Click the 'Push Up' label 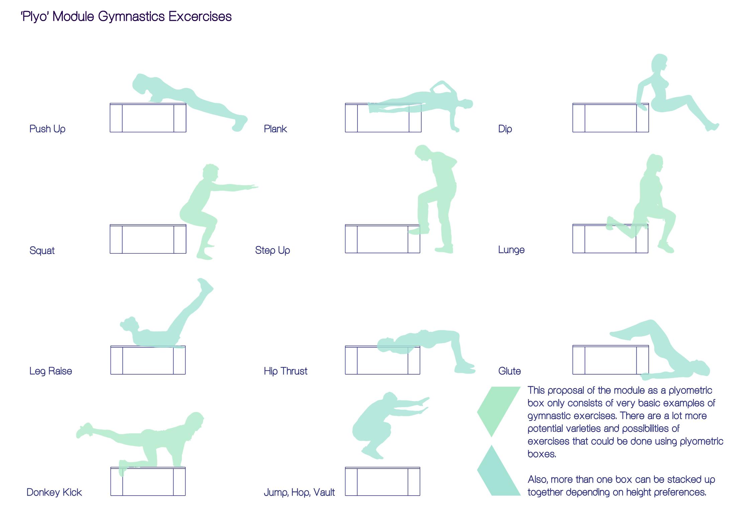point(47,129)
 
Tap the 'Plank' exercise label point(275,129)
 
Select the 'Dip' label point(505,129)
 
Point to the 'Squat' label point(42,251)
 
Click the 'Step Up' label point(273,250)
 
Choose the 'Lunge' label point(511,250)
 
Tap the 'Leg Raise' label point(50,371)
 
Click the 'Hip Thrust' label point(286,371)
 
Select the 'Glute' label point(510,371)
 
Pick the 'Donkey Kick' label point(54,492)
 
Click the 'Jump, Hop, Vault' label point(299,492)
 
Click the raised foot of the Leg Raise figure point(205,286)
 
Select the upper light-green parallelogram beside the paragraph point(499,412)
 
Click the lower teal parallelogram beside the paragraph point(499,470)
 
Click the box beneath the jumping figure point(383,481)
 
